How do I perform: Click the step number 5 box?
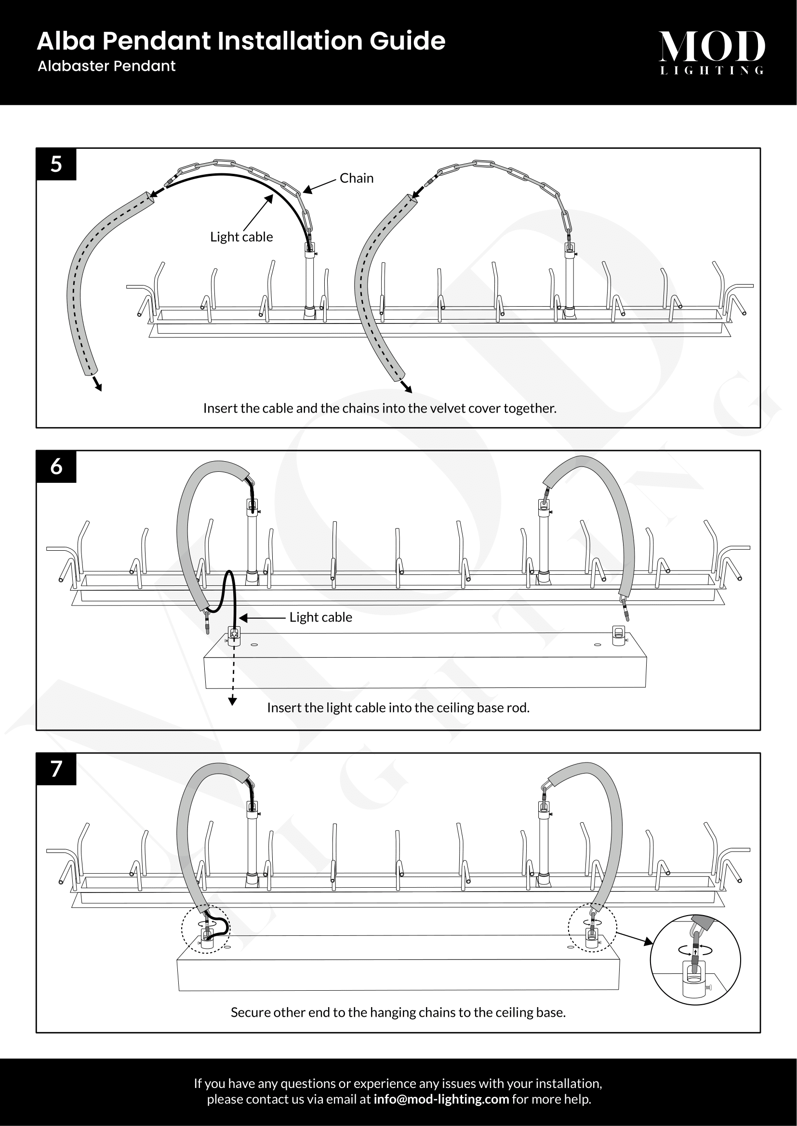tap(56, 164)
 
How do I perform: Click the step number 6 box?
tap(56, 466)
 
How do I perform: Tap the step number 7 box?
tap(56, 768)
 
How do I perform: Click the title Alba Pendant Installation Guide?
tap(241, 41)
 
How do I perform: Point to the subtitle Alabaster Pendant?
tap(106, 66)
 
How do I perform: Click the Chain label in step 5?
tap(356, 178)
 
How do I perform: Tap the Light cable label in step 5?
tap(241, 237)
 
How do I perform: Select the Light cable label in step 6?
tap(320, 617)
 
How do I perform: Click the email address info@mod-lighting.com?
tap(441, 1099)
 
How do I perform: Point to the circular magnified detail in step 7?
tap(695, 959)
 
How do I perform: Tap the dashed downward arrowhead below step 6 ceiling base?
tap(233, 701)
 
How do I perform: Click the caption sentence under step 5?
tap(380, 408)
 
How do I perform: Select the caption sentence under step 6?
tap(398, 708)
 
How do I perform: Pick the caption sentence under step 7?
tap(398, 1012)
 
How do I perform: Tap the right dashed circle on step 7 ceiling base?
tap(592, 927)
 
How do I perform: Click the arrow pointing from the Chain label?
tap(319, 186)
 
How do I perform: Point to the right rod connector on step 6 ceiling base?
tap(619, 635)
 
